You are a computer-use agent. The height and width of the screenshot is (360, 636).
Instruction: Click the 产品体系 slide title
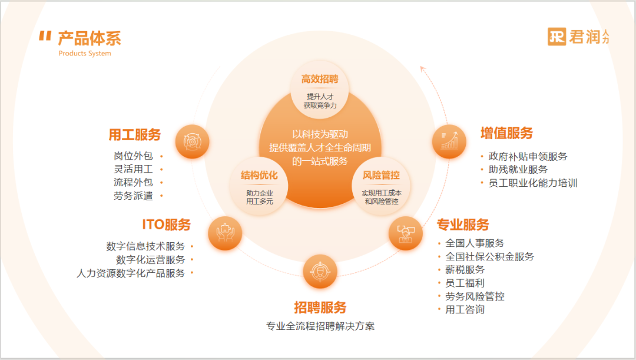tap(89, 38)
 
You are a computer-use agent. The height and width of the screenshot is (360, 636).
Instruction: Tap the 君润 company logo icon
tap(556, 36)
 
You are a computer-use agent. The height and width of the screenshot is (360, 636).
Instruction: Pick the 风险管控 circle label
tap(380, 175)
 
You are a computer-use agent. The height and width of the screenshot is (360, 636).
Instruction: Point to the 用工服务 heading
tap(134, 135)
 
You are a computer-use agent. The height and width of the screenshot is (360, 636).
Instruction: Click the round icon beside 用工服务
tap(192, 141)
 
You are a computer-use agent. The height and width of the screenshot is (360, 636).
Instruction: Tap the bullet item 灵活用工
tap(133, 169)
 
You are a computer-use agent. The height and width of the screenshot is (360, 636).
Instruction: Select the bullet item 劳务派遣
tap(133, 196)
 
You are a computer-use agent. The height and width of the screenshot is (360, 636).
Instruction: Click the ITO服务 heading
tap(166, 224)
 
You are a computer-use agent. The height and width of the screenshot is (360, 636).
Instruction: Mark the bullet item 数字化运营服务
tap(150, 259)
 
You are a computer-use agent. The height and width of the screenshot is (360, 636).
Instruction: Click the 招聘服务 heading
tap(320, 307)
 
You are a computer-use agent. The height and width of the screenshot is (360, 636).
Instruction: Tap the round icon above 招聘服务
tap(320, 271)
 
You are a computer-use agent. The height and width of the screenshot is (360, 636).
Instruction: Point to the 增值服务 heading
tap(506, 133)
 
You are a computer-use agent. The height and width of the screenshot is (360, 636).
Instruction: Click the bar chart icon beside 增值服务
tap(449, 141)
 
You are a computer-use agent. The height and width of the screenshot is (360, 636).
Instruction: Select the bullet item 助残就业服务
tap(518, 170)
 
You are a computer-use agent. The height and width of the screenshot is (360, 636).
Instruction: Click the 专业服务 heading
tap(463, 224)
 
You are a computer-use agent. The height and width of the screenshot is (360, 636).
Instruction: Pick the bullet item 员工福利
tap(465, 283)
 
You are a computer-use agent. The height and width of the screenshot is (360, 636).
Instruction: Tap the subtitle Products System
tap(85, 54)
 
